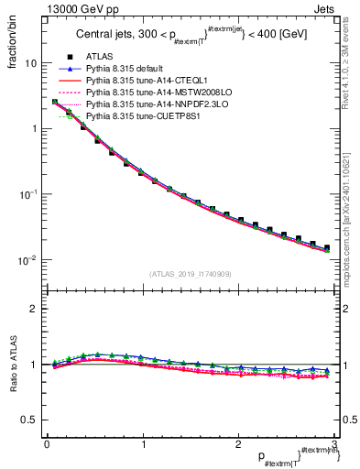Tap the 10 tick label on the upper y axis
(30, 64)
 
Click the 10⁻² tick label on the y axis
(28, 260)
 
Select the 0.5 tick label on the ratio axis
(28, 420)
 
